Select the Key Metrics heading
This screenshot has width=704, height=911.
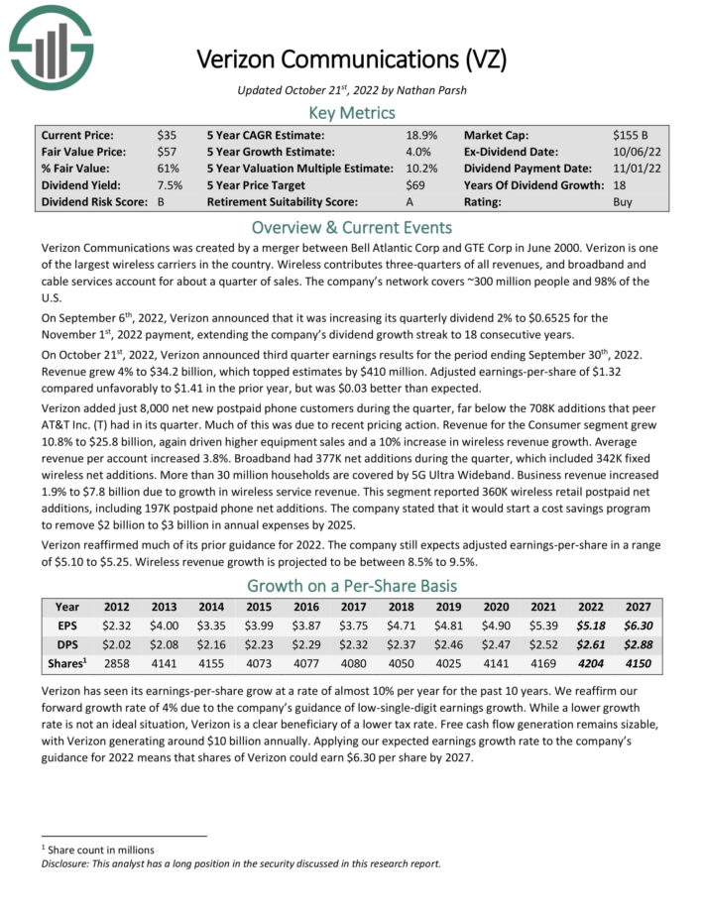(352, 112)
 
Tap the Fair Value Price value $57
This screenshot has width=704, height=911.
(167, 152)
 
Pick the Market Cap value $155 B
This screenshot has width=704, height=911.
(633, 135)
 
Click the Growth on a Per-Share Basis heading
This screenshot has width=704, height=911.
(352, 585)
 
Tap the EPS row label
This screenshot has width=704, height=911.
(67, 626)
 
